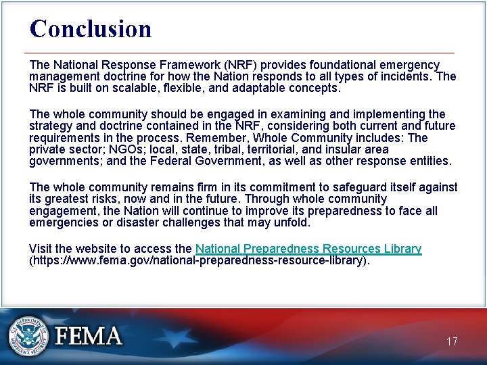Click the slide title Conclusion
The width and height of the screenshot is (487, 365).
click(x=91, y=29)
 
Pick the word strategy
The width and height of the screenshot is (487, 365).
click(x=50, y=126)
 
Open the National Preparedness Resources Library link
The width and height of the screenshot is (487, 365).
click(x=308, y=249)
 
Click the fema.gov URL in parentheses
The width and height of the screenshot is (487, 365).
click(x=200, y=260)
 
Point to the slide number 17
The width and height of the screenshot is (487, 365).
click(x=452, y=341)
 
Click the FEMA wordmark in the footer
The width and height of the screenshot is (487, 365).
click(x=89, y=336)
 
